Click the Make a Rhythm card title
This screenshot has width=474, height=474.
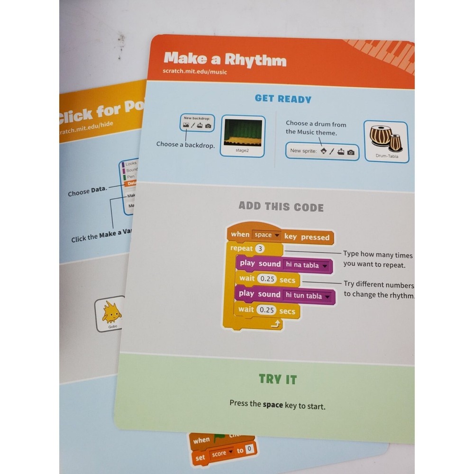pyautogui.click(x=225, y=60)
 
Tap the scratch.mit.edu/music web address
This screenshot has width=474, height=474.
pyautogui.click(x=194, y=72)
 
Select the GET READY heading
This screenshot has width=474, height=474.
pyautogui.click(x=283, y=99)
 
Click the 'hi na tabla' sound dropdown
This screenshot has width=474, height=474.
pyautogui.click(x=306, y=265)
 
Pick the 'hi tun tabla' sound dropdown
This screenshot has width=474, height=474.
pyautogui.click(x=308, y=296)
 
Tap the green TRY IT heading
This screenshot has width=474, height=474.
pyautogui.click(x=278, y=379)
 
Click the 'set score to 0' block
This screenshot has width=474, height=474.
pyautogui.click(x=223, y=453)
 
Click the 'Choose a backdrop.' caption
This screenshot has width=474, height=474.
pyautogui.click(x=185, y=145)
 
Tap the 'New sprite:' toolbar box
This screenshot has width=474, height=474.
pyautogui.click(x=322, y=151)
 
